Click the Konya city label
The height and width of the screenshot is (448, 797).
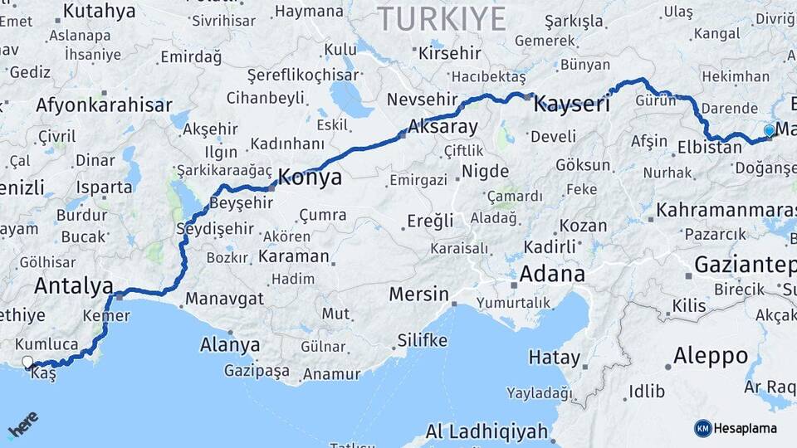click(x=309, y=177)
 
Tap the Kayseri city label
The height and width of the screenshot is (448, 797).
click(x=570, y=105)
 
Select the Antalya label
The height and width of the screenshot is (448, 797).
click(x=74, y=286)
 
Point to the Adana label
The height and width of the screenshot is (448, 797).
click(x=552, y=274)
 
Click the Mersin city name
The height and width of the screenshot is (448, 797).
click(x=419, y=295)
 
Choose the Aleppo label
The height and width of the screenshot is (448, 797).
click(x=710, y=356)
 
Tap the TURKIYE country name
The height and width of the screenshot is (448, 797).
click(x=441, y=18)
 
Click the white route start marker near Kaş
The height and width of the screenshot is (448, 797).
click(x=27, y=363)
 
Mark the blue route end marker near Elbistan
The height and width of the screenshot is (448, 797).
click(x=769, y=130)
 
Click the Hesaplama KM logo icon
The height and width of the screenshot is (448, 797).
click(x=702, y=428)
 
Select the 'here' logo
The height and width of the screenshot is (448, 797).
click(x=22, y=425)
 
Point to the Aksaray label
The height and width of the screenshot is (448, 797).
click(x=443, y=128)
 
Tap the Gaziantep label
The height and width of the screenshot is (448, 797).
click(x=744, y=265)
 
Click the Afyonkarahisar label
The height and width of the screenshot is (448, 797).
click(x=104, y=105)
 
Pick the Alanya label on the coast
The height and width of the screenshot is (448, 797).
click(x=230, y=344)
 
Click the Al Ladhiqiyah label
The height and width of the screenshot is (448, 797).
click(x=487, y=431)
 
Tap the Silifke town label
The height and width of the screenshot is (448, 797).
click(x=423, y=340)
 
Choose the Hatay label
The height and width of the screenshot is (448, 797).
click(x=555, y=358)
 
